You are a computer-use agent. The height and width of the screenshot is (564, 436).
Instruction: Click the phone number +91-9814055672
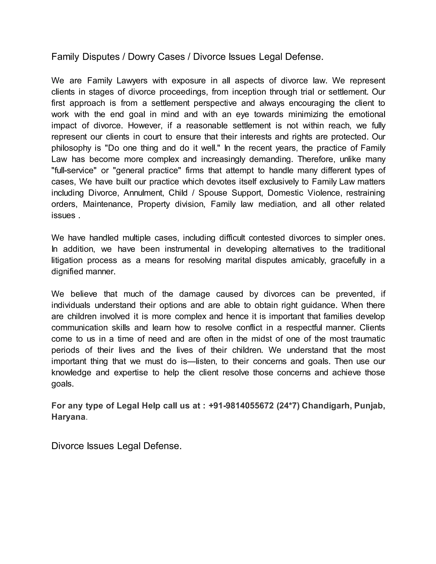click(x=241, y=406)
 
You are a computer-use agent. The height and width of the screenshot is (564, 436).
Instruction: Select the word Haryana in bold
click(x=68, y=417)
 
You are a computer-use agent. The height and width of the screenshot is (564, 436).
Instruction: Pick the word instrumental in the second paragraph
click(x=187, y=249)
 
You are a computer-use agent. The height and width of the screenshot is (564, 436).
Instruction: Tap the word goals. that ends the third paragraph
click(x=63, y=384)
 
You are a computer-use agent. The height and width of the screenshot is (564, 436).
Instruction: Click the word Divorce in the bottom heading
click(x=68, y=446)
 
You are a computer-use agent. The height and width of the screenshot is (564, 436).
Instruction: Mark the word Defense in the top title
click(x=304, y=57)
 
